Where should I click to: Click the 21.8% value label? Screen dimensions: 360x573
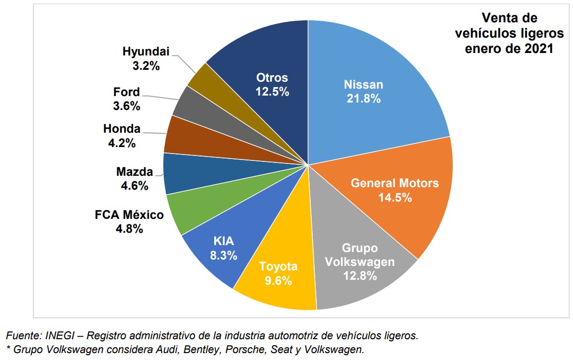(x=363, y=99)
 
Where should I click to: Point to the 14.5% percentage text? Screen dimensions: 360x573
(x=395, y=197)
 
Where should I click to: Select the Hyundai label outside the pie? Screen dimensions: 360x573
(x=146, y=51)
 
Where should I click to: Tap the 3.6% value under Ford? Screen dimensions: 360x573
(x=127, y=105)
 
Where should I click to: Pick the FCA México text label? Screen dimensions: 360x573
(x=129, y=215)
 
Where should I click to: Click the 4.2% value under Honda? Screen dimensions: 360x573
(x=122, y=143)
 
